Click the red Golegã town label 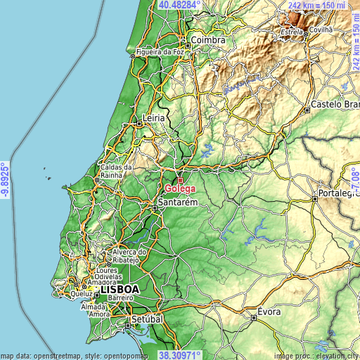pyautogui.click(x=180, y=188)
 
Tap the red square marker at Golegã pyautogui.click(x=180, y=180)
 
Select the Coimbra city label pyautogui.click(x=208, y=41)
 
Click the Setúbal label pyautogui.click(x=147, y=319)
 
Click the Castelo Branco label pyautogui.click(x=335, y=104)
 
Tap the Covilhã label pyautogui.click(x=337, y=30)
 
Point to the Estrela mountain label pyautogui.click(x=291, y=32)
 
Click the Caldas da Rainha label pyautogui.click(x=117, y=172)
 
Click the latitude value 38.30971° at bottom pyautogui.click(x=179, y=355)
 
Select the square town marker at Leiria pyautogui.click(x=139, y=123)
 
